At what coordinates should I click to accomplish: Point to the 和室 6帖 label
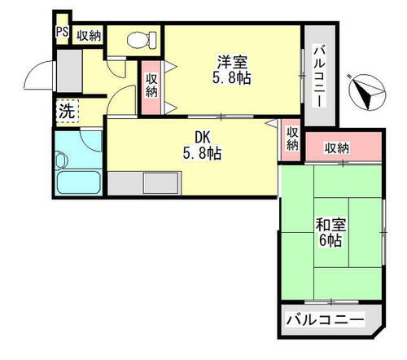tap(330, 232)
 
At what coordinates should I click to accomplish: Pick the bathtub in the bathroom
tap(77, 183)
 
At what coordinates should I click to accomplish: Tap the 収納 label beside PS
tap(90, 34)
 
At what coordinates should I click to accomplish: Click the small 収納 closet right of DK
tap(292, 138)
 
